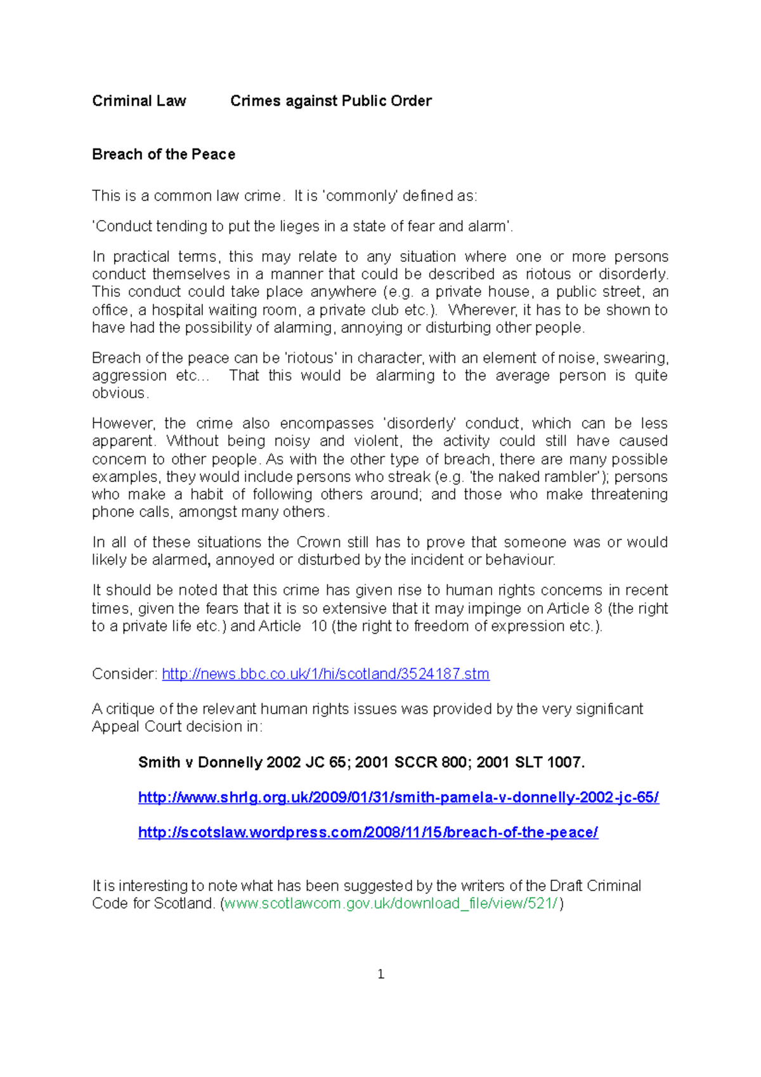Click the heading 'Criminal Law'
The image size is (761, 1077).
click(x=139, y=101)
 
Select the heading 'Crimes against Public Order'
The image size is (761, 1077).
click(x=330, y=101)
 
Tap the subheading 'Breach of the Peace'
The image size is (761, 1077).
click(x=164, y=154)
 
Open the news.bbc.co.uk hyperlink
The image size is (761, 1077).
click(x=325, y=674)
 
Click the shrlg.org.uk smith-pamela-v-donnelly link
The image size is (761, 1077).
click(x=398, y=797)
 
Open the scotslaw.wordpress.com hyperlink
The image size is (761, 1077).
click(x=368, y=832)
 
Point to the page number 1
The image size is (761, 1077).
click(x=380, y=974)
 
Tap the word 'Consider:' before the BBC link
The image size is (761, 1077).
click(x=124, y=674)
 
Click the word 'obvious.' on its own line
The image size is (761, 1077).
click(x=120, y=393)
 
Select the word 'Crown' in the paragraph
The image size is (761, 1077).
click(x=318, y=542)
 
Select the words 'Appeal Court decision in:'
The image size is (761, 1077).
click(x=177, y=727)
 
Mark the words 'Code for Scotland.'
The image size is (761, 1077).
click(x=153, y=903)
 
